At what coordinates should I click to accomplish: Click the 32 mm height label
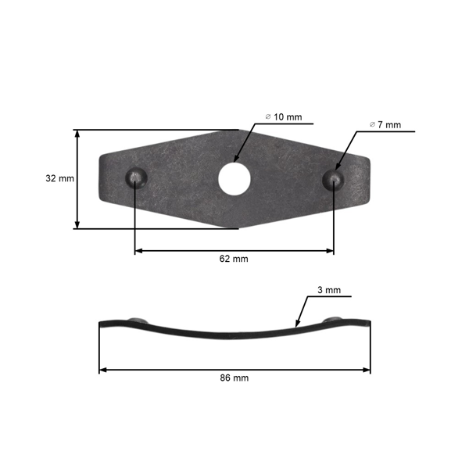[x=59, y=178]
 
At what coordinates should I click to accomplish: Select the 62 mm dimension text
[x=234, y=259]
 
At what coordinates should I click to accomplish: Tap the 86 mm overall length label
[x=234, y=378]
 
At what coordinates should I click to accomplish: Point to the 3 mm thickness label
[x=328, y=290]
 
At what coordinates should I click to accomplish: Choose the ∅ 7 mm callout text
[x=385, y=124]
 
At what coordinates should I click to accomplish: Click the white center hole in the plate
[x=234, y=178]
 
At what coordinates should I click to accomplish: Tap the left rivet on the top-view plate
[x=136, y=177]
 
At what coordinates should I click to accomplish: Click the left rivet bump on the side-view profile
[x=139, y=320]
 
